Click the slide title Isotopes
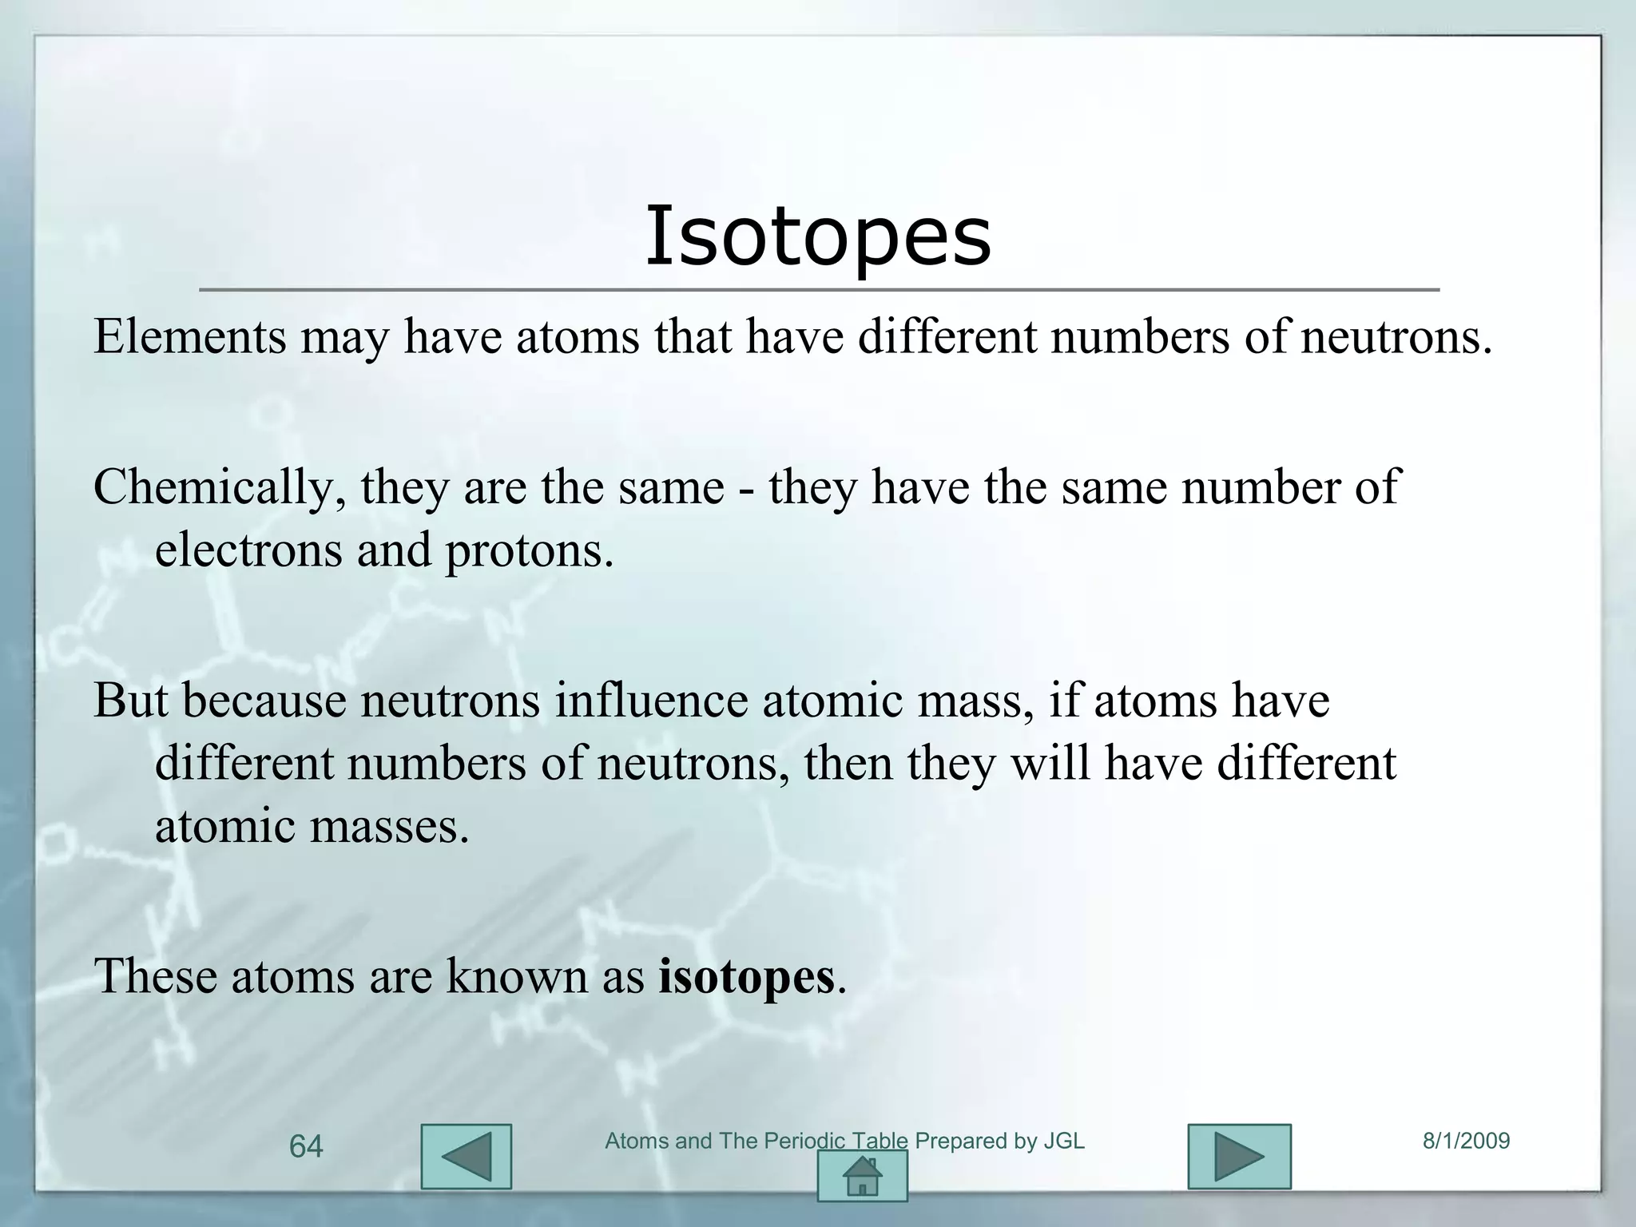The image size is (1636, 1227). pos(818,236)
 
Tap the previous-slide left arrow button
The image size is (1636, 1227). pos(466,1156)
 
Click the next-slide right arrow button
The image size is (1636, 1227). pos(1239,1156)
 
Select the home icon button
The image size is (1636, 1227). pos(862,1175)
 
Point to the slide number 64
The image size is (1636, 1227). pos(306,1147)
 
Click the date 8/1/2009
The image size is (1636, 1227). pos(1467,1141)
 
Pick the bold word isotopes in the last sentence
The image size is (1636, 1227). pos(746,976)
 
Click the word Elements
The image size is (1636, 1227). pos(190,336)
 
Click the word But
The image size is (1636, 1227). pos(130,700)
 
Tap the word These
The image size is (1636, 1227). pos(155,976)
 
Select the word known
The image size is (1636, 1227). pos(516,976)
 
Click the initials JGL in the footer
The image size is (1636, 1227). pos(1064,1141)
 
